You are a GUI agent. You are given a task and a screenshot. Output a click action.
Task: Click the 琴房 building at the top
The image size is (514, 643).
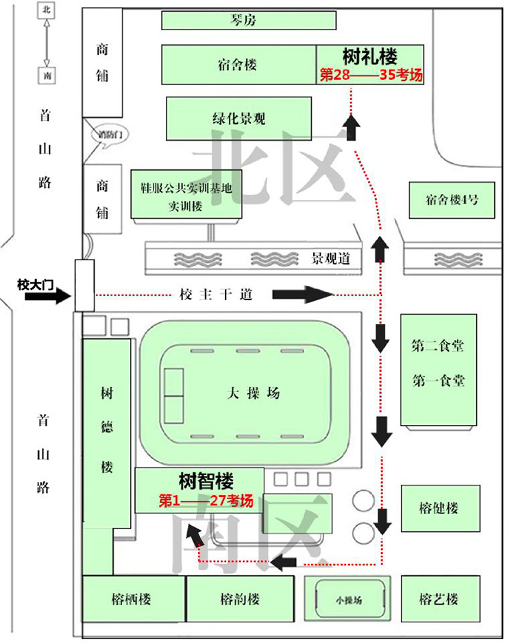[249, 21]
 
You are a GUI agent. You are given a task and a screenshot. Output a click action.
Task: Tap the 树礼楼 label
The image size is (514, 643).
[370, 56]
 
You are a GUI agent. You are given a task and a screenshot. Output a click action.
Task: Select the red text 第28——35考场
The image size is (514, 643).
[371, 75]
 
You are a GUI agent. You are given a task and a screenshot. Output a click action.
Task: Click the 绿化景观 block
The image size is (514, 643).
[238, 119]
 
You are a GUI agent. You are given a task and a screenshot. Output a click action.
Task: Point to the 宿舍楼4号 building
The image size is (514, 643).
[452, 200]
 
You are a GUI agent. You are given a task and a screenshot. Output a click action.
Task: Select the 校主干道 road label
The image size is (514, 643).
[217, 295]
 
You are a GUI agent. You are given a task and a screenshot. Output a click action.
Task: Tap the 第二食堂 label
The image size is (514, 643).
[438, 346]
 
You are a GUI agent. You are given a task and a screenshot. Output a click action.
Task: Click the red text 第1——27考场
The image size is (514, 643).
[206, 501]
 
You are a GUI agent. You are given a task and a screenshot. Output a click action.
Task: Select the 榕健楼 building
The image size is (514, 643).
[438, 508]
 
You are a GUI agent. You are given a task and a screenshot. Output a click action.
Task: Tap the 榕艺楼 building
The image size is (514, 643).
[438, 598]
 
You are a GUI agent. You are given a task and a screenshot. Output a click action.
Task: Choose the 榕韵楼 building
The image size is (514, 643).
[241, 598]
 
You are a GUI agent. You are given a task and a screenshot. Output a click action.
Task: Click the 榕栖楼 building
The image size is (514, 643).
[131, 598]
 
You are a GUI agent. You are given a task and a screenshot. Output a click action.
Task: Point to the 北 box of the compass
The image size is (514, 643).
[46, 10]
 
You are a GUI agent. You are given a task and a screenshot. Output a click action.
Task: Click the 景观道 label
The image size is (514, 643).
[331, 259]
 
